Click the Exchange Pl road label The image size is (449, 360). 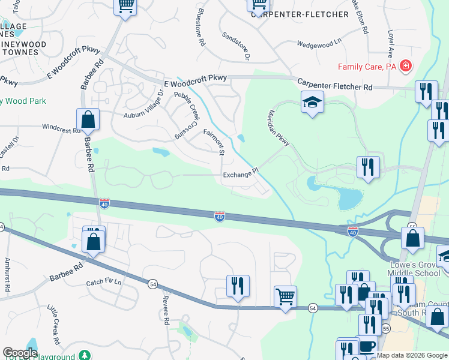[240, 175]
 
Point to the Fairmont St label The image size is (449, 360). [214, 143]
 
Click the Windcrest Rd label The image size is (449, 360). [61, 128]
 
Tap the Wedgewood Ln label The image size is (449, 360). [319, 43]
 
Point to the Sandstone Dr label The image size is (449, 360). [235, 46]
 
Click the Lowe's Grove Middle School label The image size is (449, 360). [414, 268]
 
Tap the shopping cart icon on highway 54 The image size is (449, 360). [285, 296]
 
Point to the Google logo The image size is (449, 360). [20, 353]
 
